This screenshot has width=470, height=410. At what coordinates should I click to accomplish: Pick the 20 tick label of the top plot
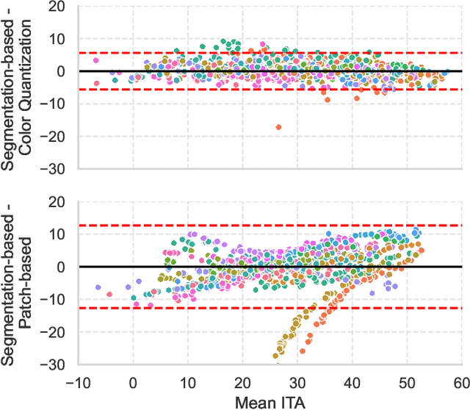tap(57, 7)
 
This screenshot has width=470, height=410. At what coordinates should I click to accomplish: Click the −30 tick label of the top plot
tap(52, 169)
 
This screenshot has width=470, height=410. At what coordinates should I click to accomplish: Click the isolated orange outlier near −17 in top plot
tap(278, 127)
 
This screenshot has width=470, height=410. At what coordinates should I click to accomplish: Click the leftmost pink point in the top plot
tap(96, 60)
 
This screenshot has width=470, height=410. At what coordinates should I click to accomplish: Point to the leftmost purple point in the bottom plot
tap(98, 287)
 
